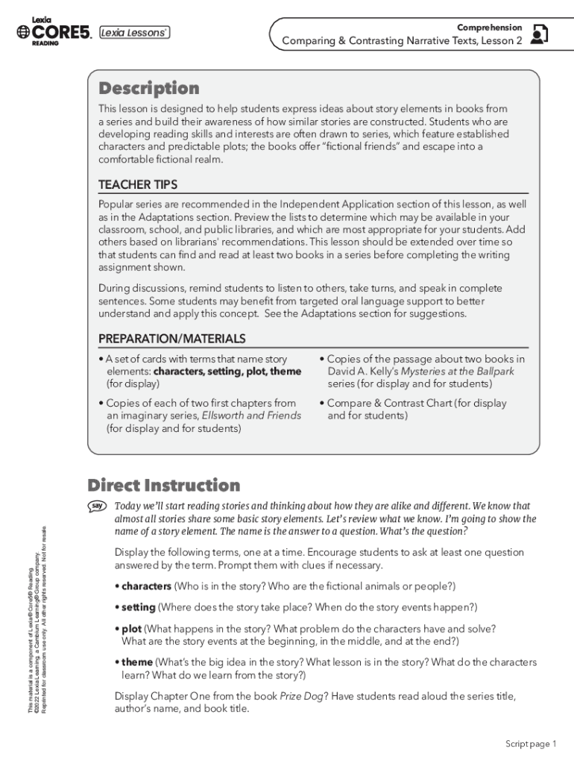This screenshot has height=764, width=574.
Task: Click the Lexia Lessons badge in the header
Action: click(x=134, y=32)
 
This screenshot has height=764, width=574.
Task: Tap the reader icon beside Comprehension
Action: click(x=538, y=34)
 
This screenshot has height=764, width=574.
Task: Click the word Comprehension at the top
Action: click(x=489, y=27)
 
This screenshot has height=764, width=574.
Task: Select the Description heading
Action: click(x=149, y=89)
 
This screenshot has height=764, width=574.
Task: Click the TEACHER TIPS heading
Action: click(x=138, y=184)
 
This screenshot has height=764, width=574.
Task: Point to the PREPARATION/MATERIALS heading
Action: click(x=171, y=339)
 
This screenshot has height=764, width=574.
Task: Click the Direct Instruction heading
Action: click(x=163, y=486)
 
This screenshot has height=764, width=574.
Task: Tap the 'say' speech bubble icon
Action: click(x=96, y=507)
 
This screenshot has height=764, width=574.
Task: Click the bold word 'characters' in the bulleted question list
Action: click(x=146, y=586)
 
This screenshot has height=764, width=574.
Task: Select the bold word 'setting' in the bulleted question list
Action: click(x=139, y=607)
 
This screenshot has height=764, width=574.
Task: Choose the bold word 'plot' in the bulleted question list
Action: click(x=131, y=629)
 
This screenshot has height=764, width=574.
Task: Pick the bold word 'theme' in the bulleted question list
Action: click(x=137, y=663)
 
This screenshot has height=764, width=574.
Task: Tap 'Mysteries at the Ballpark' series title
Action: click(x=457, y=372)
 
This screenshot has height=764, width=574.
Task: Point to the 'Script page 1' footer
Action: click(x=531, y=744)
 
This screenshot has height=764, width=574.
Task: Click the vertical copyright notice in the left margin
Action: click(x=37, y=619)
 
